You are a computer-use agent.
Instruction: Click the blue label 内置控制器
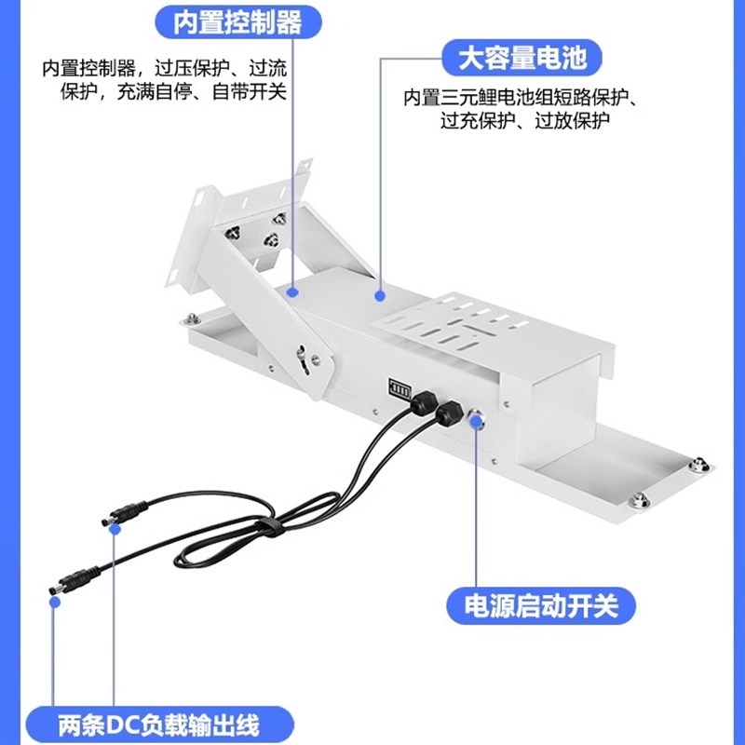coord(237,23)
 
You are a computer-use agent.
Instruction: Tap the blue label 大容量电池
coord(522,59)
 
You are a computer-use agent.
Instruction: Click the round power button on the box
coord(478,419)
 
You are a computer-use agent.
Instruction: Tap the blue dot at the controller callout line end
coord(292,291)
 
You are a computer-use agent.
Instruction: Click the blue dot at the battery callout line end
coord(381,295)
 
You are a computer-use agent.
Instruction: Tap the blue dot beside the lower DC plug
coord(55,603)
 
